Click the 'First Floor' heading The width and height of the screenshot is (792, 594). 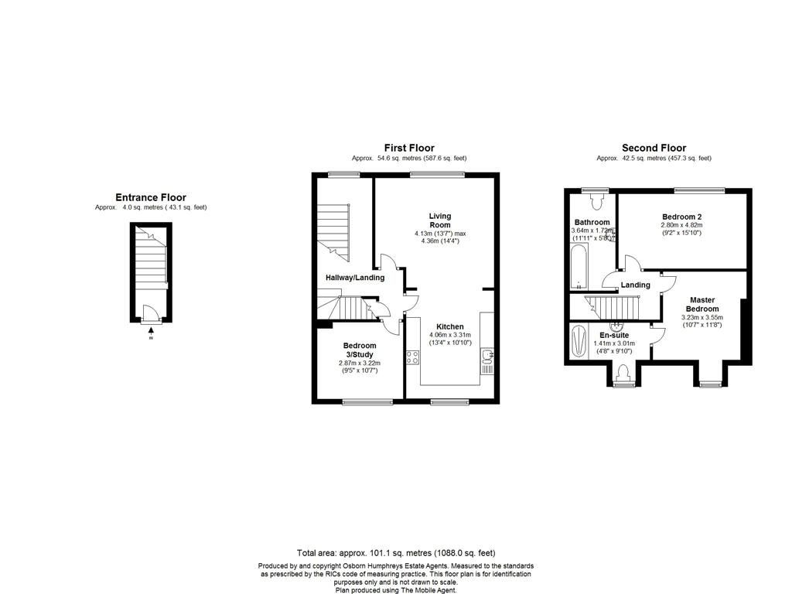click(409, 148)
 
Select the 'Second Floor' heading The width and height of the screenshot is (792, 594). click(654, 148)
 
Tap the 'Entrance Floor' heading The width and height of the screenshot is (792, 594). click(151, 197)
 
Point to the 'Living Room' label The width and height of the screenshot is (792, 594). click(440, 220)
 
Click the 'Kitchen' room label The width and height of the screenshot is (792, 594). click(449, 326)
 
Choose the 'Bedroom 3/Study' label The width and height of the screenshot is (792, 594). click(360, 350)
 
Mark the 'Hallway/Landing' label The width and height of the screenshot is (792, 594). click(354, 278)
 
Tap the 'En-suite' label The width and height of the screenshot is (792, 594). click(613, 334)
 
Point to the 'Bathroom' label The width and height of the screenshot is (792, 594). click(591, 222)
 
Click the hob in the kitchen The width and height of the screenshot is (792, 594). click(413, 357)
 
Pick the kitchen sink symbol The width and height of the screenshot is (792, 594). click(487, 357)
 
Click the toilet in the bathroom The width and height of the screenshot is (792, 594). click(596, 203)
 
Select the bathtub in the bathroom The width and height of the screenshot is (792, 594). click(579, 267)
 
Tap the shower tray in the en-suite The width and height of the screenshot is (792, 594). click(579, 341)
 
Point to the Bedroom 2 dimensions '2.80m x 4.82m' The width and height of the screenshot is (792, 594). click(681, 224)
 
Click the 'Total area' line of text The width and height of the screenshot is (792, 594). click(395, 553)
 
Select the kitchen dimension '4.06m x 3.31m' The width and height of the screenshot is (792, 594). click(449, 334)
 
